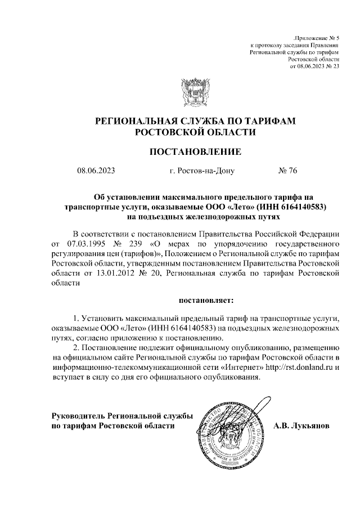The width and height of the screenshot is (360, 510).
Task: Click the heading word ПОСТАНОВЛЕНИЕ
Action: pyautogui.click(x=195, y=151)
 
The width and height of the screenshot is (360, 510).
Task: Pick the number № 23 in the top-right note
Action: pyautogui.click(x=332, y=66)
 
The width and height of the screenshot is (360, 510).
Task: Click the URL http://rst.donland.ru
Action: pyautogui.click(x=304, y=366)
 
